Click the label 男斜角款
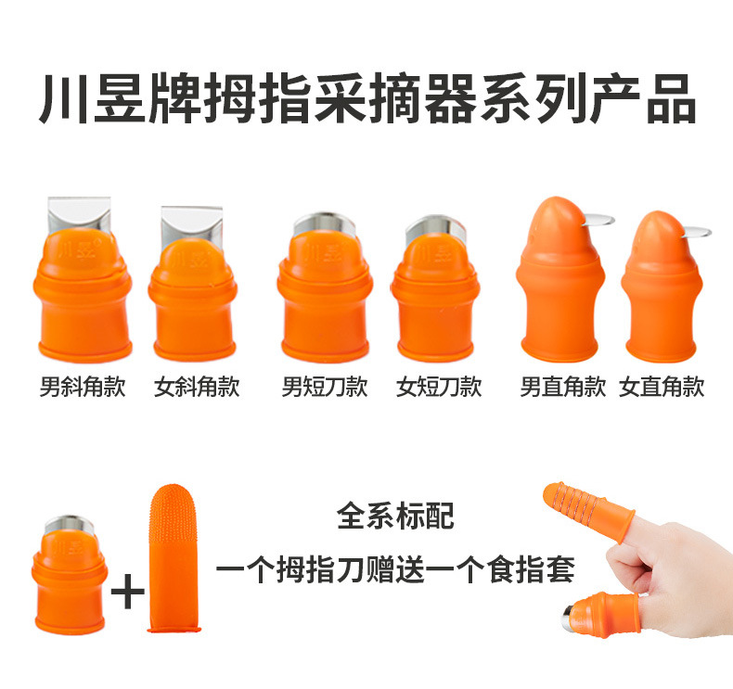(83, 387)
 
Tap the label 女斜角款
(197, 387)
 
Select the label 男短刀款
(325, 387)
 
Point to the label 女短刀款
(439, 387)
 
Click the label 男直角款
(563, 387)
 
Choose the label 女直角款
(662, 387)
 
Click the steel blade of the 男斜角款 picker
(79, 212)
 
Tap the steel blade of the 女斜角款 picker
(190, 223)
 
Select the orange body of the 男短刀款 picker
(325, 297)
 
